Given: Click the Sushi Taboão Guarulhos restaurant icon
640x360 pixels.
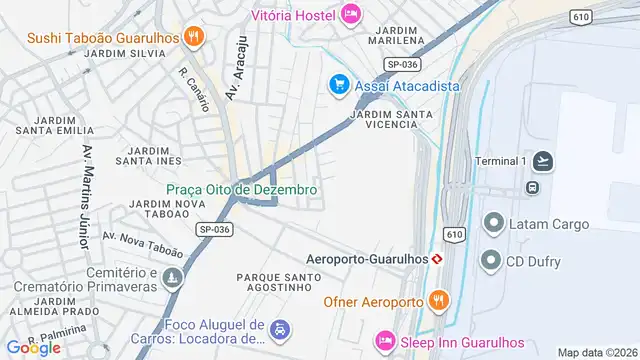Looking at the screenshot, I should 194,38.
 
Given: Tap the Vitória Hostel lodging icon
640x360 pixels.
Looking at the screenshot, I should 350,13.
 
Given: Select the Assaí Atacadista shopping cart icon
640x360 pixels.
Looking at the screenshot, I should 339,85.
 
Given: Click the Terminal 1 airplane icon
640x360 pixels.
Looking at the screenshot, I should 543,161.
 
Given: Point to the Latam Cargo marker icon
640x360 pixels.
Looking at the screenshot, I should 492,223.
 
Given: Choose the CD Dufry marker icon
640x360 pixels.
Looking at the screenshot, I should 490,261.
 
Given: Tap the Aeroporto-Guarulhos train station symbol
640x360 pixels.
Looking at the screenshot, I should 436,258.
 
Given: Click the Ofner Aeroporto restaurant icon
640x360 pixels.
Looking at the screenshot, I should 437,300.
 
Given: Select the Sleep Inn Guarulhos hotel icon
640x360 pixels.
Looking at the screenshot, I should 384,341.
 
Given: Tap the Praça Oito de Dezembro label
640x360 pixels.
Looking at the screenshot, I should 242,189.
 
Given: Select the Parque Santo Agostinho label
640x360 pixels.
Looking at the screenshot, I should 279,281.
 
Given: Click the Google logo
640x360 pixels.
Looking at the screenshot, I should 33,347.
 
